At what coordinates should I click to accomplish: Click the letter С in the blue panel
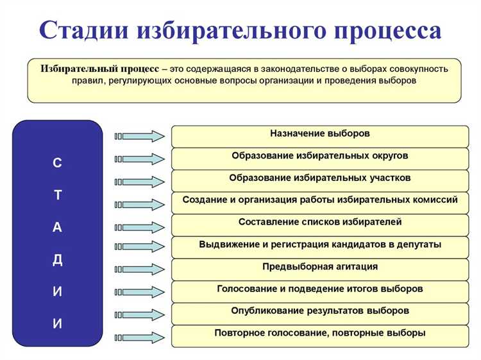(58, 164)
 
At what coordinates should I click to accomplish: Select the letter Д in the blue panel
(58, 260)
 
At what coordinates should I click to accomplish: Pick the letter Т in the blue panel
(58, 196)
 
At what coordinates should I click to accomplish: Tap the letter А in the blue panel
(58, 228)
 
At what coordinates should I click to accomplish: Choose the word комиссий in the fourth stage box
(437, 200)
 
